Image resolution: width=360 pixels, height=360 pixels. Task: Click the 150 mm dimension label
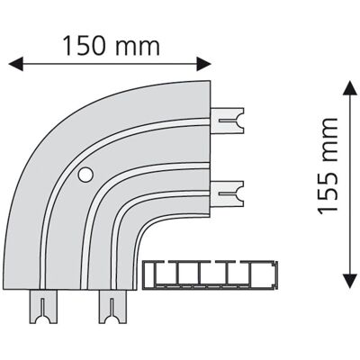click(112, 46)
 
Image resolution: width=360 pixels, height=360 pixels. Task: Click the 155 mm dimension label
click(328, 166)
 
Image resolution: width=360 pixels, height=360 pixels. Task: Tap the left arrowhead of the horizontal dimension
click(16, 64)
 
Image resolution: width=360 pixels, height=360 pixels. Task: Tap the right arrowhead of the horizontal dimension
click(204, 64)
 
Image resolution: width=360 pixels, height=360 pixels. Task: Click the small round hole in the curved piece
click(85, 175)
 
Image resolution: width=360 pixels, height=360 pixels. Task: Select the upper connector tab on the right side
click(228, 121)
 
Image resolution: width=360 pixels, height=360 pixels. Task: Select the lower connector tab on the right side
click(228, 193)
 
